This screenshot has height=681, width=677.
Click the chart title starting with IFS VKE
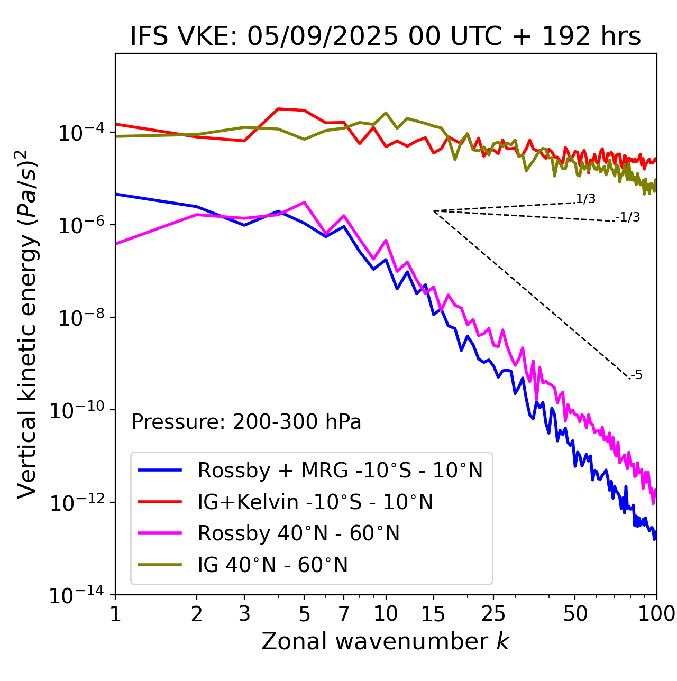[386, 37]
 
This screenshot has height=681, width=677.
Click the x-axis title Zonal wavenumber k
[386, 641]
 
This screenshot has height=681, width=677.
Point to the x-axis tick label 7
[344, 614]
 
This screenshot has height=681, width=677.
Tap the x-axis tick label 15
[433, 614]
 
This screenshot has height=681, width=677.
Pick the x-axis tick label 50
[575, 614]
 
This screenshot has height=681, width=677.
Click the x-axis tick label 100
[656, 614]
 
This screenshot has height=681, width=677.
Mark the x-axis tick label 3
[244, 614]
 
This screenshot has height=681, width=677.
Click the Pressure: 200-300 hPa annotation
[246, 422]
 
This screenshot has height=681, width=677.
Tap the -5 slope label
[637, 375]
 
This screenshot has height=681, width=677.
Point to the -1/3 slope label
[628, 217]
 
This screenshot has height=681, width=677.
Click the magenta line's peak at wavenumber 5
[304, 202]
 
